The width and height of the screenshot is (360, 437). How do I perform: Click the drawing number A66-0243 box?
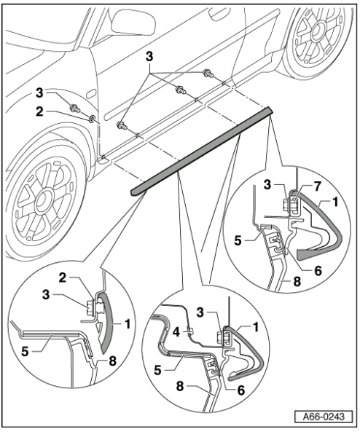click(324, 417)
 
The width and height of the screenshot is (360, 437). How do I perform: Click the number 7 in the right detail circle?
click(317, 186)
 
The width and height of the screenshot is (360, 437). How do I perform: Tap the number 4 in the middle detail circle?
click(176, 332)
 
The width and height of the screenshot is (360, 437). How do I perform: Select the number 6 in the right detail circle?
click(317, 270)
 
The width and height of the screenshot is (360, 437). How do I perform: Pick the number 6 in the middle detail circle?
click(240, 390)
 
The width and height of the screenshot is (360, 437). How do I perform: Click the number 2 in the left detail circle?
click(63, 278)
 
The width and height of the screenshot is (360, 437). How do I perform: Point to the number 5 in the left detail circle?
click(25, 352)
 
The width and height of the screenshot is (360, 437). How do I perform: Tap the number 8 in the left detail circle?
click(113, 361)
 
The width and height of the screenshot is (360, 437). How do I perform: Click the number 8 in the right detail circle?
click(297, 281)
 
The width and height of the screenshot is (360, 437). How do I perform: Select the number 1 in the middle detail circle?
click(256, 327)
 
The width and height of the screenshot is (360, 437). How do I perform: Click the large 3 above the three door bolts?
click(149, 57)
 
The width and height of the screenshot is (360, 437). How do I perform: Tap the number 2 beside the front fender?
click(39, 111)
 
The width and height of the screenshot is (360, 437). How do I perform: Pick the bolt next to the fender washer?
click(75, 108)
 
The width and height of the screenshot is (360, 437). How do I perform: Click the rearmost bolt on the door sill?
click(208, 73)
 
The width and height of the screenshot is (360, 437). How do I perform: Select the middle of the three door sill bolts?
click(180, 90)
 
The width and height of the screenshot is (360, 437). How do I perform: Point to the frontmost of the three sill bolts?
click(122, 125)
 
